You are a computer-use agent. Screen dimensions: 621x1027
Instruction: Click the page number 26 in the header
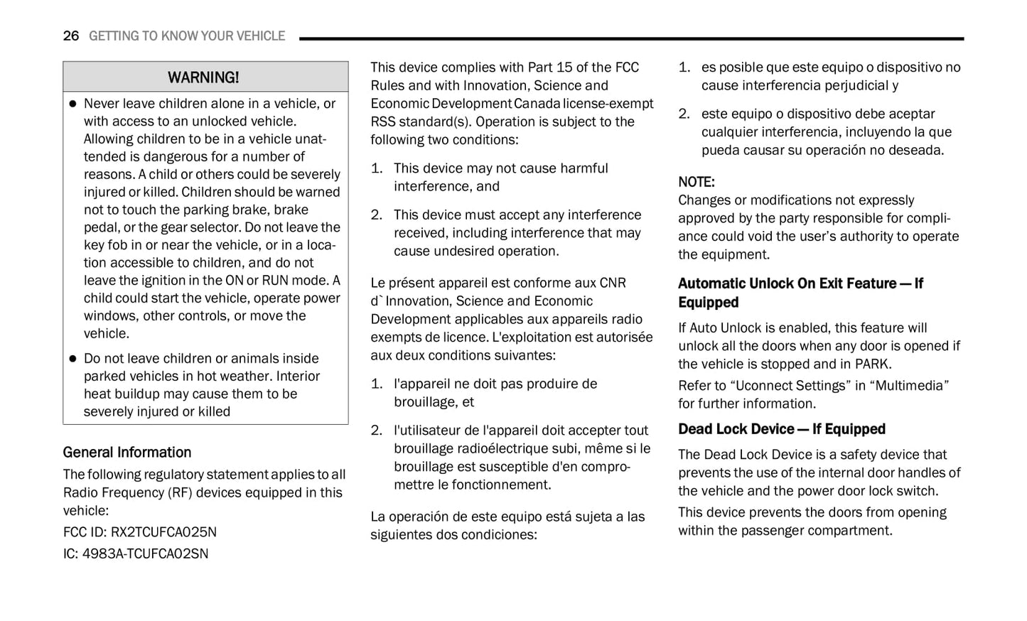tap(70, 36)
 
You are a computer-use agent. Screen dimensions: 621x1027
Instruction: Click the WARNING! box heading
tap(203, 77)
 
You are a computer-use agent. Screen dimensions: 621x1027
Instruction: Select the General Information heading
tap(127, 453)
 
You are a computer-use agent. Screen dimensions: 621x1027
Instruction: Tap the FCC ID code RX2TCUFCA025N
tap(163, 532)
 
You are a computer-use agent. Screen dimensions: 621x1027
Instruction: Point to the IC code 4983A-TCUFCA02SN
tap(145, 553)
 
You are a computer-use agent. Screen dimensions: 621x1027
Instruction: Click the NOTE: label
tap(696, 182)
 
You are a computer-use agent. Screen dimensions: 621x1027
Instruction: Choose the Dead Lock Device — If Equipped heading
tap(781, 429)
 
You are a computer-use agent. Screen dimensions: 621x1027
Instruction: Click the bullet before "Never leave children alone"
tap(72, 104)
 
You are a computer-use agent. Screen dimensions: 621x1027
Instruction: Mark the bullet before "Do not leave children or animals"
tap(72, 359)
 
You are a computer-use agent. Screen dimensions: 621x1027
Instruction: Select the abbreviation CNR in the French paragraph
tap(613, 283)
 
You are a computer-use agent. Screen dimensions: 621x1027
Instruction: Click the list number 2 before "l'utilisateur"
tap(376, 431)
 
